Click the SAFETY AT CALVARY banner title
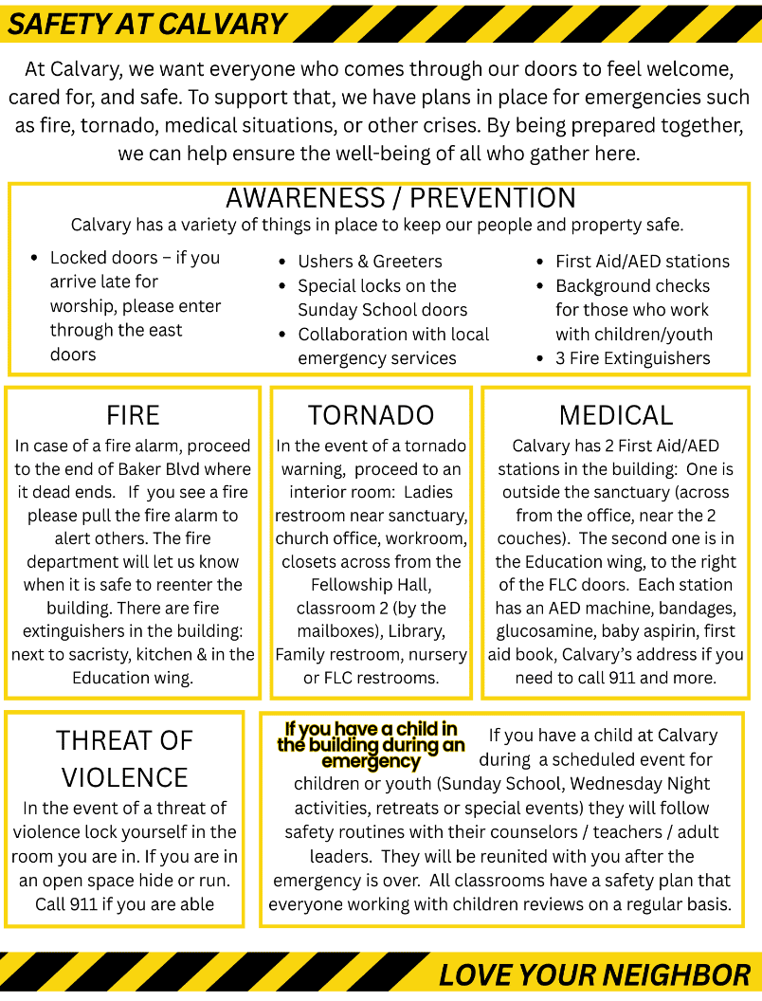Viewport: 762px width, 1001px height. coord(147,24)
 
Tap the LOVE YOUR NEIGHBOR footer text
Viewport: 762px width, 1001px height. coord(594,974)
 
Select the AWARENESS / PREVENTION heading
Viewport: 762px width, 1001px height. coord(400,198)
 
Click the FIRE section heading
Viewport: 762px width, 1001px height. coord(133,414)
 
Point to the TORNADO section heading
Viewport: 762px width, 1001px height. coord(371,414)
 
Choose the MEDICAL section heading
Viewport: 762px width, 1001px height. coord(615,414)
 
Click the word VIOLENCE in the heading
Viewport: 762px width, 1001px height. coord(124,777)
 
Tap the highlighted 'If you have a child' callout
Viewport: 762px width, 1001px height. coord(371,745)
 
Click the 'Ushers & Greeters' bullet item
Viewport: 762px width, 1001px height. coord(370,262)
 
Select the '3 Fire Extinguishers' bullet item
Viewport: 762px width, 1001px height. coord(632,358)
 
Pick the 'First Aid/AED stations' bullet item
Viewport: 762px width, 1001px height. coord(642,262)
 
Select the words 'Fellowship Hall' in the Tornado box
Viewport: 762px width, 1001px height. coord(371,585)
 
